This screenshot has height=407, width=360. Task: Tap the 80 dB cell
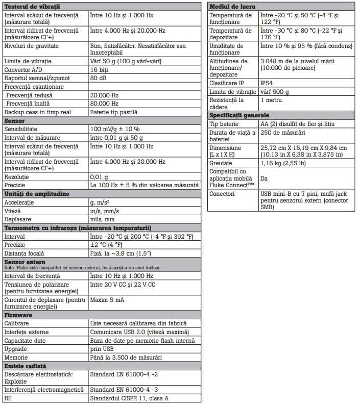(x=98, y=78)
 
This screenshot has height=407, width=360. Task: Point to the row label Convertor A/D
(x=24, y=69)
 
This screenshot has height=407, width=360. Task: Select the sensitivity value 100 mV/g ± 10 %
(x=115, y=129)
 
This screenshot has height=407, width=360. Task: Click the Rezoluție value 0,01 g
(x=99, y=176)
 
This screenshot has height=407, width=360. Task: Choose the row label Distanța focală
(x=24, y=253)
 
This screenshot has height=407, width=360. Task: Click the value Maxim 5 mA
(x=107, y=300)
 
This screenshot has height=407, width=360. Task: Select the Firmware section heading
(x=18, y=316)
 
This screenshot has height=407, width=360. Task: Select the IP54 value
(x=267, y=83)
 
